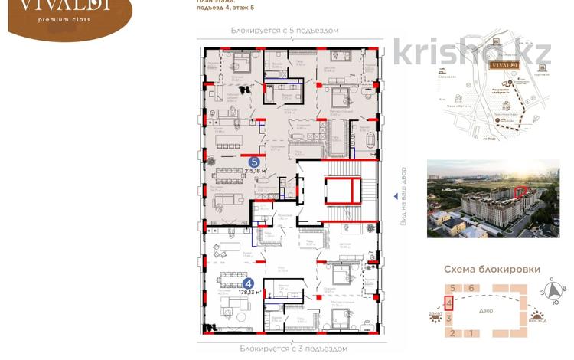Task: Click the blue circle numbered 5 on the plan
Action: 253,162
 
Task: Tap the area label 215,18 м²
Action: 256,172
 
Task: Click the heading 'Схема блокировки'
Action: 494,270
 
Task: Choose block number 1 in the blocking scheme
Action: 471,333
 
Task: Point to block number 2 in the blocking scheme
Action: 452,333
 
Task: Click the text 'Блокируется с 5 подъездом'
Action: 285,30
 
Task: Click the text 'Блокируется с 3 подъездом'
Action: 285,347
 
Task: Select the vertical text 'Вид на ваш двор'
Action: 396,195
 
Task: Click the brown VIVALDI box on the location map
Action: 504,66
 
